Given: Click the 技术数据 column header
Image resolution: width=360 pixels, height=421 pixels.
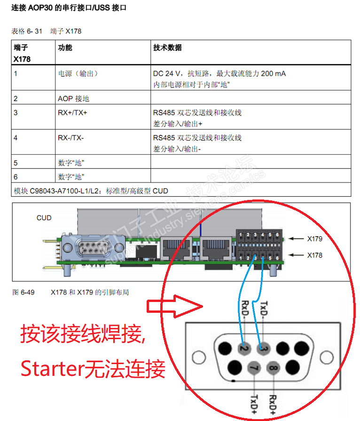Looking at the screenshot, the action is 167,48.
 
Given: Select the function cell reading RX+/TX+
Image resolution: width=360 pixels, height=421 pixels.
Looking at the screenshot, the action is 72,113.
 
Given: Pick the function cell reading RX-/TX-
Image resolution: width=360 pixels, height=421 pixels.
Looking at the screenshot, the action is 71,138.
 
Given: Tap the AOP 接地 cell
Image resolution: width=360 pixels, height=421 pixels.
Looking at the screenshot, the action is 73,98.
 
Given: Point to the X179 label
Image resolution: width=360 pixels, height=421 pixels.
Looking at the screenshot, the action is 315,238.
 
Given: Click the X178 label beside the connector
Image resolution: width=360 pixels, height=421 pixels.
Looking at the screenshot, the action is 315,255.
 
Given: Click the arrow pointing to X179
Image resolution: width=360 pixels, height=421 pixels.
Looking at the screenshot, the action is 296,238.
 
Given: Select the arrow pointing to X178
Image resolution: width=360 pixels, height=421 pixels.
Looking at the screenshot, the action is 296,255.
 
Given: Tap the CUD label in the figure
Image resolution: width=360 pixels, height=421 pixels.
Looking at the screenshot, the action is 44,218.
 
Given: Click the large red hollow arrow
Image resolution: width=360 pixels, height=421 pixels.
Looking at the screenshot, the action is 174,306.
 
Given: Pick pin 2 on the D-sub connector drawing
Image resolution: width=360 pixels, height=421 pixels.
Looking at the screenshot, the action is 244,348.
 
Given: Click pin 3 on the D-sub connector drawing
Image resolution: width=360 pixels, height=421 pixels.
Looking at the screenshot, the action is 263,348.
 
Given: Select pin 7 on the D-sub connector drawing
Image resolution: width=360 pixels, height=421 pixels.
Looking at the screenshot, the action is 254,368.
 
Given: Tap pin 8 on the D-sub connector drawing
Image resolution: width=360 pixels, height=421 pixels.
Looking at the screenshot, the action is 273,368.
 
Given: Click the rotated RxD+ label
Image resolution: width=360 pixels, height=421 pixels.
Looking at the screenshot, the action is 273,405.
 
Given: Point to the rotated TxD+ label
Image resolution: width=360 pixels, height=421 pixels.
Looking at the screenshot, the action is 254,405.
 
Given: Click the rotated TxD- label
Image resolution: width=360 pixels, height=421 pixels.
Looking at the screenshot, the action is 264,309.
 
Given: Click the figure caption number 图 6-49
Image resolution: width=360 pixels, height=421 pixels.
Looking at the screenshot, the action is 23,292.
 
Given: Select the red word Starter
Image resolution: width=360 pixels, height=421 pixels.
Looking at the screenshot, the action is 52,369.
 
